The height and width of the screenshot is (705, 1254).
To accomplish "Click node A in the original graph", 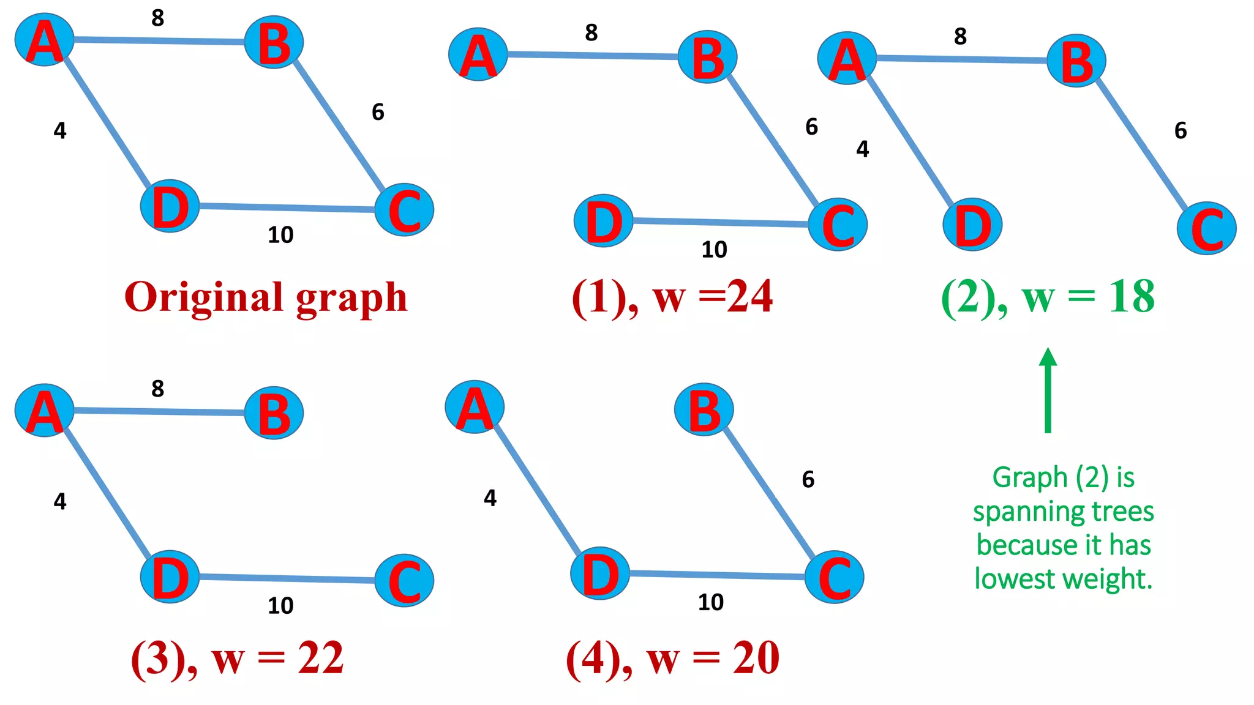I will point(44,40).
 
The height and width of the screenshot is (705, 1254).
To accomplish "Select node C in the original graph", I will point(404,210).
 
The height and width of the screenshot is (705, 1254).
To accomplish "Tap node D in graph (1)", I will point(603,221).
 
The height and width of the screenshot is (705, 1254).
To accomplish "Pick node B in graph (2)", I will point(1076,61).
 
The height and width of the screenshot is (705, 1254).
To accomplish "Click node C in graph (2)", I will point(1206,228).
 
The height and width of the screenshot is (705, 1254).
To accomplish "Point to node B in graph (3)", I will point(274,413).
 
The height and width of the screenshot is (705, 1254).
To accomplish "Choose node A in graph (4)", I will point(475,407).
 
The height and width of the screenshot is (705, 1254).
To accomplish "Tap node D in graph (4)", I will point(600,573).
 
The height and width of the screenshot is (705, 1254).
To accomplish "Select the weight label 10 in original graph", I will point(280,235).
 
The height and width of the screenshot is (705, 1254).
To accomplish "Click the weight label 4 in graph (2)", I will point(862,149).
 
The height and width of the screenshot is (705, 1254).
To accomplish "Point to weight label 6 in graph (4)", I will point(808,479).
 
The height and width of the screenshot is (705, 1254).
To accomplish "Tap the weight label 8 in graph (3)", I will point(158,389).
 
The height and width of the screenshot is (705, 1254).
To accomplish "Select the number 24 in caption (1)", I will point(749,297).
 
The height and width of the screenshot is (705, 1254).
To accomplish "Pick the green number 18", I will point(1131,297).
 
